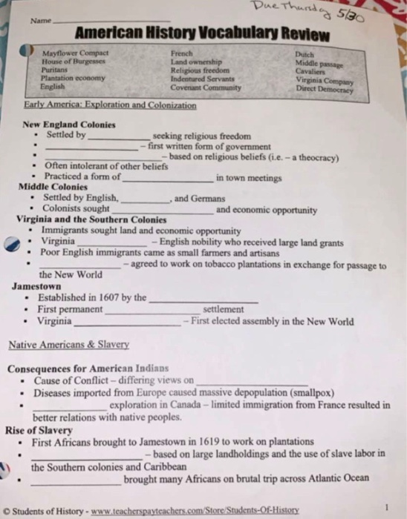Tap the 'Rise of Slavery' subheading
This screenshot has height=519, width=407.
(x=39, y=430)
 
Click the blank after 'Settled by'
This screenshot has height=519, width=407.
(x=119, y=139)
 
